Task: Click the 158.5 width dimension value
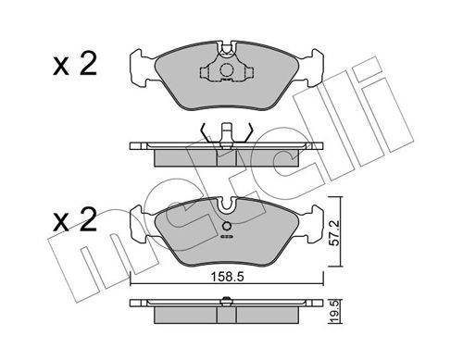(227, 277)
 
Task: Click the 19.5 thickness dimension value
(335, 313)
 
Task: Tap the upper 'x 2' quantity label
(75, 64)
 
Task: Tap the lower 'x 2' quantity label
(75, 219)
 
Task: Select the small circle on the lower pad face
(226, 227)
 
